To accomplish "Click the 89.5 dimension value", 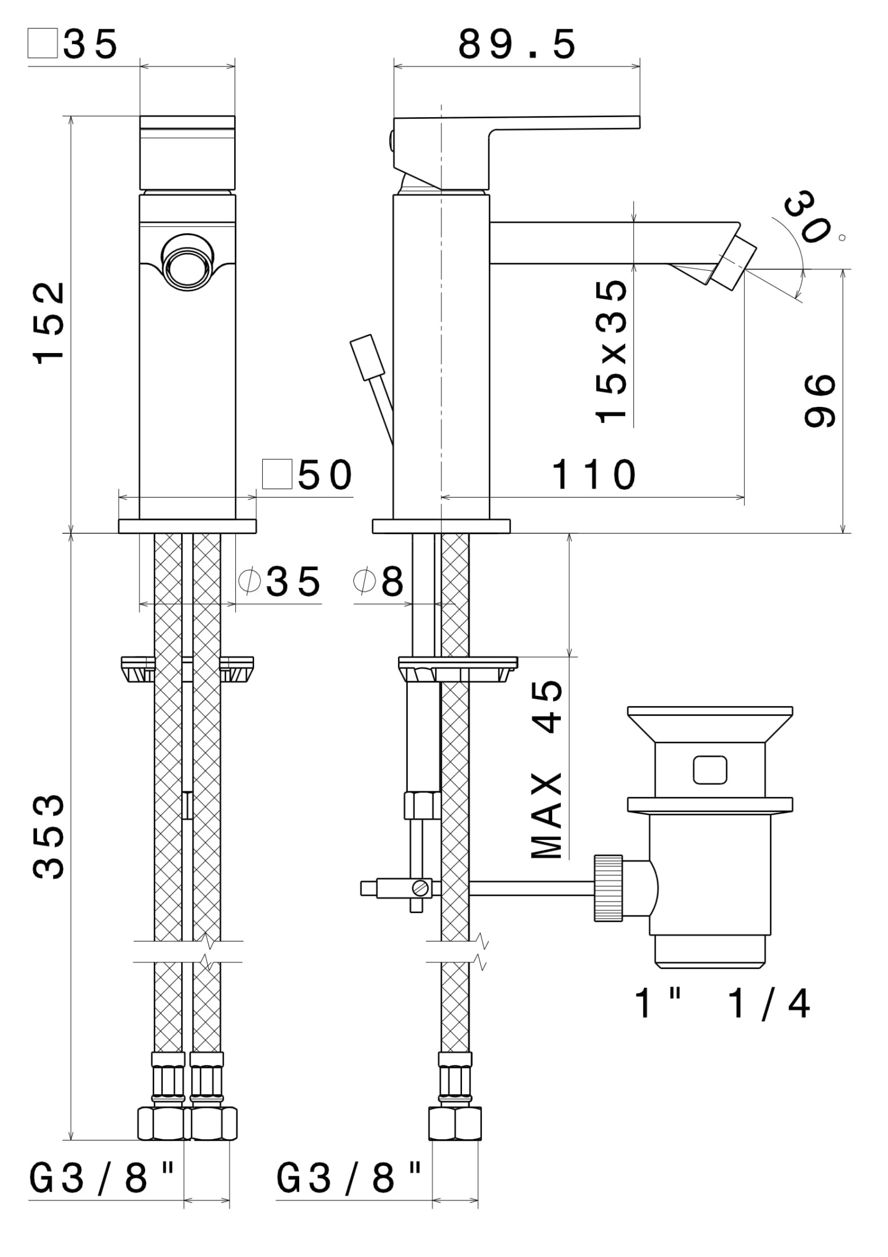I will point(517,46).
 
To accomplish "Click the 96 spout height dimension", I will point(819,401).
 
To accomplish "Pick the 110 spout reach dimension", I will point(594,475).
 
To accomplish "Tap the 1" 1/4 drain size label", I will point(722,1004).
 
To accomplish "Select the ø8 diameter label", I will point(379,582).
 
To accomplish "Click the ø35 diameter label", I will point(280,582).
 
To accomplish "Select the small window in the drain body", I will point(710,770).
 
